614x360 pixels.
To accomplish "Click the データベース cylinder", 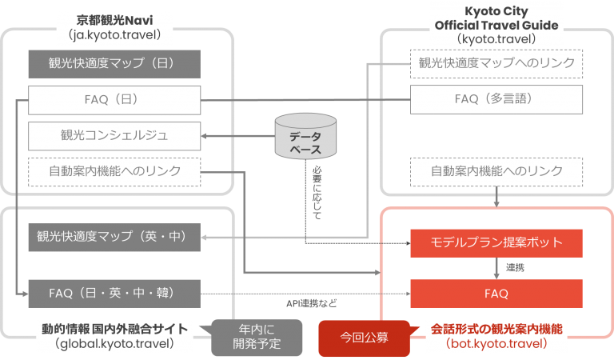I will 305,138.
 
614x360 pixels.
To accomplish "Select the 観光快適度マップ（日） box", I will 114,63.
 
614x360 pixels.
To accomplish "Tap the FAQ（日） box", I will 114,100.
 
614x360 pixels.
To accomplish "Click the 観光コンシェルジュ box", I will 114,135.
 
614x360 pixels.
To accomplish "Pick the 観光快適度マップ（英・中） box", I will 114,237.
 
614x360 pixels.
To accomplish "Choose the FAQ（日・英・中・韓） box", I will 114,293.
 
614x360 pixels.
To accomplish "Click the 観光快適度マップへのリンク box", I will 496,63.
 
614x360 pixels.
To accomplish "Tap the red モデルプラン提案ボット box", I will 496,242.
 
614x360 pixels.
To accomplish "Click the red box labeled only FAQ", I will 496,293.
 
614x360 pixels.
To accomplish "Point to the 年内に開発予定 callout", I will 257,338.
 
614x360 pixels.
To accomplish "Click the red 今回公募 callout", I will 364,338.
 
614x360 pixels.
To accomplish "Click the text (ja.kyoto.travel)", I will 115,35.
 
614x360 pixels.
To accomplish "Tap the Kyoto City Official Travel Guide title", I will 496,18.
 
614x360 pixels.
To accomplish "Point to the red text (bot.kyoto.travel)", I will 496,344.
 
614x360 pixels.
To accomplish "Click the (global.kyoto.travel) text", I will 117,344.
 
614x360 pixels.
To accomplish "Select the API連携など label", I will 312,303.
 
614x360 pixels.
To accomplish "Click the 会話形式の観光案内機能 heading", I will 496,329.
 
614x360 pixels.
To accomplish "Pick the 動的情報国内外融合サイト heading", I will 117,329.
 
